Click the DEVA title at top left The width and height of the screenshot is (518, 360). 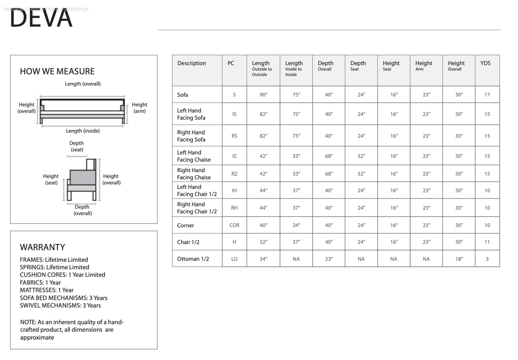41,18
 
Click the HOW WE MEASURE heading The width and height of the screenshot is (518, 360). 57,71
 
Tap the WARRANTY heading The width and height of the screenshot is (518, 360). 43,247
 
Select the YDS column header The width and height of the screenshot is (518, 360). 485,63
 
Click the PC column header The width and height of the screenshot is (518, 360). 231,63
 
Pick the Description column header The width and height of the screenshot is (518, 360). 192,63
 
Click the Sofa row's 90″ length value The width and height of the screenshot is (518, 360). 263,95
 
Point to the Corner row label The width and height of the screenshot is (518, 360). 185,226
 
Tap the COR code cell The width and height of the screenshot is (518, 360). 234,226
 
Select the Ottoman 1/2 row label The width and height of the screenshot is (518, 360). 193,259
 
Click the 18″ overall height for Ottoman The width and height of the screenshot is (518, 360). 459,259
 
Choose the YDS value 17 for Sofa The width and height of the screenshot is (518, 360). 487,95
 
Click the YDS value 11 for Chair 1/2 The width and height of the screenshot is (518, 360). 487,242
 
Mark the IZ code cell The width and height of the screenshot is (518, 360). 234,156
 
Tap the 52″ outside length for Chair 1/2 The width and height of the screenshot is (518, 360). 263,242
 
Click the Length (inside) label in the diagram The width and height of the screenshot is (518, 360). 83,131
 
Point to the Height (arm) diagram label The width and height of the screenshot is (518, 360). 139,108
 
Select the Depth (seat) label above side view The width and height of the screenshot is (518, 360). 77,146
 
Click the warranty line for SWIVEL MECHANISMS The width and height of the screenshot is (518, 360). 60,305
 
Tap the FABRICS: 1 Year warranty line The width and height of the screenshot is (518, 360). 41,283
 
